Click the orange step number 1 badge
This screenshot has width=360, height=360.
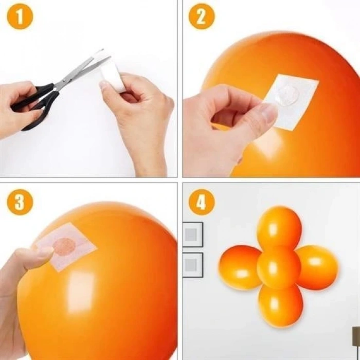(20, 18)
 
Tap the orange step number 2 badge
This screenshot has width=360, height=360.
(201, 18)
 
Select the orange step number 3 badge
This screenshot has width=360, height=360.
(20, 202)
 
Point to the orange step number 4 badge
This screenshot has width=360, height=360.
(201, 202)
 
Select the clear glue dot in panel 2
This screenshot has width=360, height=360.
(286, 95)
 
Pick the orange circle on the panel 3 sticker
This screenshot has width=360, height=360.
(64, 246)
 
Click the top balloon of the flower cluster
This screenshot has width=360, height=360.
(279, 226)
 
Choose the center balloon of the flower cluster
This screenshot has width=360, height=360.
(278, 266)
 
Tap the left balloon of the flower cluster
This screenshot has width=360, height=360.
(240, 267)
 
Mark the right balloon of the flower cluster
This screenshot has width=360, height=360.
(317, 267)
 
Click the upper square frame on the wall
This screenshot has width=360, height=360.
(192, 235)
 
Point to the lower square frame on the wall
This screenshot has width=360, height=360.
(192, 265)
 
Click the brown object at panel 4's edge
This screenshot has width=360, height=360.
(355, 337)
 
